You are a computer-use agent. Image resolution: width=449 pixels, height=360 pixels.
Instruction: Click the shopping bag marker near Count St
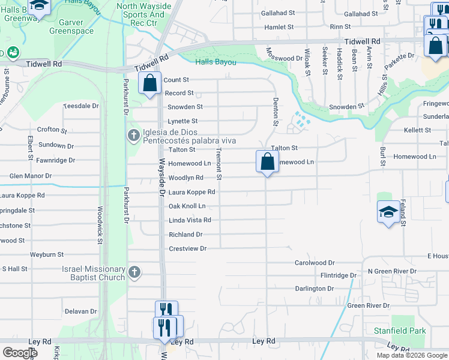(x=149, y=83)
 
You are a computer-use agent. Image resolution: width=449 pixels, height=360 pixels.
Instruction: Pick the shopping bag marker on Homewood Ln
(x=267, y=161)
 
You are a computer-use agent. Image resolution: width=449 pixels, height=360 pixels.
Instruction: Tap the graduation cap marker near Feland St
(x=388, y=212)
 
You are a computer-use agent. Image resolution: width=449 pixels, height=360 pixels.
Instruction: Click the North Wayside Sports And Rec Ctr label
(x=143, y=14)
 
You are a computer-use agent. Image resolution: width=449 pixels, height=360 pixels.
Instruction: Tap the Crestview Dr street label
(x=187, y=248)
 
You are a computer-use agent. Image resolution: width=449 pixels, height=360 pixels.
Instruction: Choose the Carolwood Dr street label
(x=314, y=263)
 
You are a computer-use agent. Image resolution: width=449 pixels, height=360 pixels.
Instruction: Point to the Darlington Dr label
(x=314, y=289)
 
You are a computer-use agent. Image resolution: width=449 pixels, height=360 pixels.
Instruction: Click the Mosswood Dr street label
(x=284, y=58)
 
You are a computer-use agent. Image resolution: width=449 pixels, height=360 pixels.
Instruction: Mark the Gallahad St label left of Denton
(x=278, y=13)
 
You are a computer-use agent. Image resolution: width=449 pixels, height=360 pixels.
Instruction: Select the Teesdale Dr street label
(x=80, y=106)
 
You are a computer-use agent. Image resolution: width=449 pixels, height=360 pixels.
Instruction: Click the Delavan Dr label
(x=80, y=311)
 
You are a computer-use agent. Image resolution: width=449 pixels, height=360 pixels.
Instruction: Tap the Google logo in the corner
(x=20, y=353)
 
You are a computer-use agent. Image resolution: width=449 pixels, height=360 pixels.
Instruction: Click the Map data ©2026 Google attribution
(x=411, y=355)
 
